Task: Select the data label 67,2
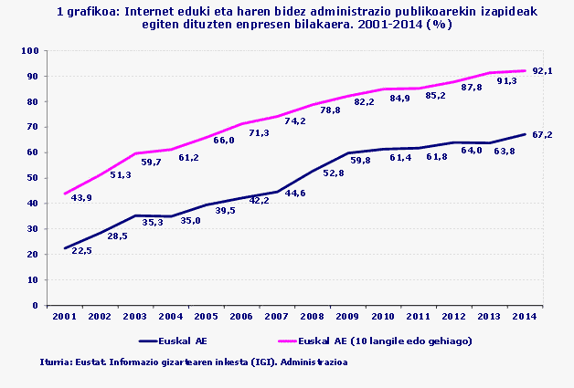click(x=545, y=134)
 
